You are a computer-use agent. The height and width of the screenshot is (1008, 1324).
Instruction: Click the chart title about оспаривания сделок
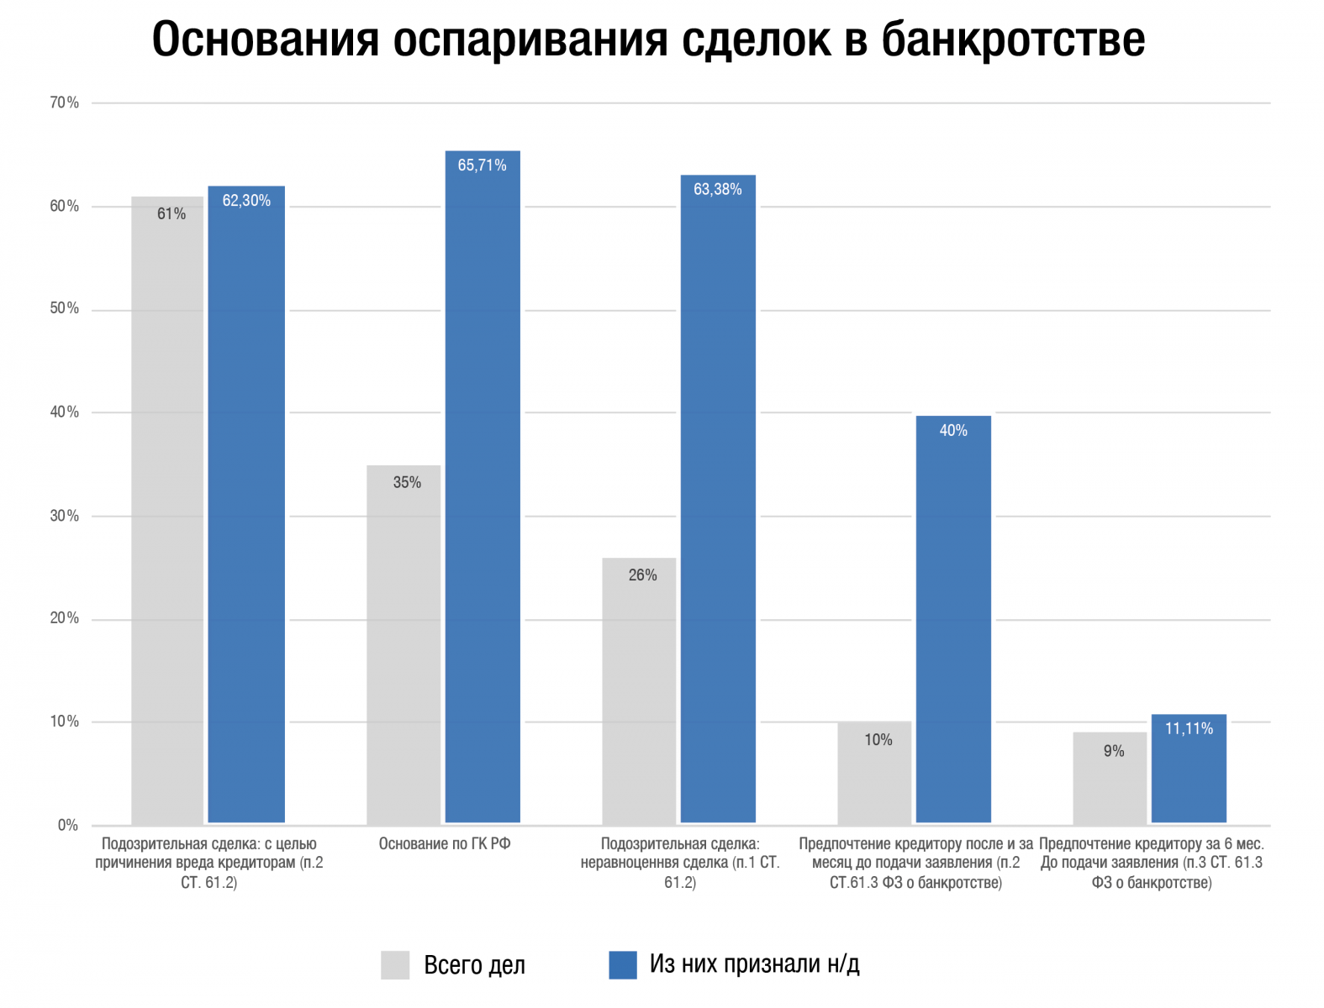(648, 39)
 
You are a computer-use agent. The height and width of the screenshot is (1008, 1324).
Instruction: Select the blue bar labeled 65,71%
(483, 487)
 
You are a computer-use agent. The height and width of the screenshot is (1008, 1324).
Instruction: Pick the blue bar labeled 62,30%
(246, 504)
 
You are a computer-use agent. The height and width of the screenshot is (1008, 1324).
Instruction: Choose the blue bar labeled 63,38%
(718, 499)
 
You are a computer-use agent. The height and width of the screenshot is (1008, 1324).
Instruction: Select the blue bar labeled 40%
(953, 619)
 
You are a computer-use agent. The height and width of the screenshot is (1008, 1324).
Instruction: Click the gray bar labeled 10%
(874, 773)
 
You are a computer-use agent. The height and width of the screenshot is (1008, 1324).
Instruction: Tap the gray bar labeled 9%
(1110, 778)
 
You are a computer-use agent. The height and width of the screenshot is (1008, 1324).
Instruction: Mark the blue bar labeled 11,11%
(1189, 769)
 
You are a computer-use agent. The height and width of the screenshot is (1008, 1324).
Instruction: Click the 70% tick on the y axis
(65, 102)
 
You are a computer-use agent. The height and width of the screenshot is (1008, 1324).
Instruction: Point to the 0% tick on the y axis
(68, 825)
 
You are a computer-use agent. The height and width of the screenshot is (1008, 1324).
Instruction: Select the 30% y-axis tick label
(65, 516)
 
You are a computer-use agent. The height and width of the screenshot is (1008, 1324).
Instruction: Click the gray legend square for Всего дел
(395, 965)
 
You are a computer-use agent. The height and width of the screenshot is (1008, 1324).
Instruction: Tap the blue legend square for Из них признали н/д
(623, 965)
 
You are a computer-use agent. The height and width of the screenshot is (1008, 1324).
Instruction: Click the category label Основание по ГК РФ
(445, 844)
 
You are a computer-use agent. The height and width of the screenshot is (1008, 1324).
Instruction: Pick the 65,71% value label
(483, 165)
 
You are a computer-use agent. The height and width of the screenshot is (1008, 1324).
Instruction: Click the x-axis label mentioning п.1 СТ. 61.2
(680, 863)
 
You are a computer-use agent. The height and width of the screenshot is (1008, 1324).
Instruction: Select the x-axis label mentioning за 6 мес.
(1152, 863)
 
